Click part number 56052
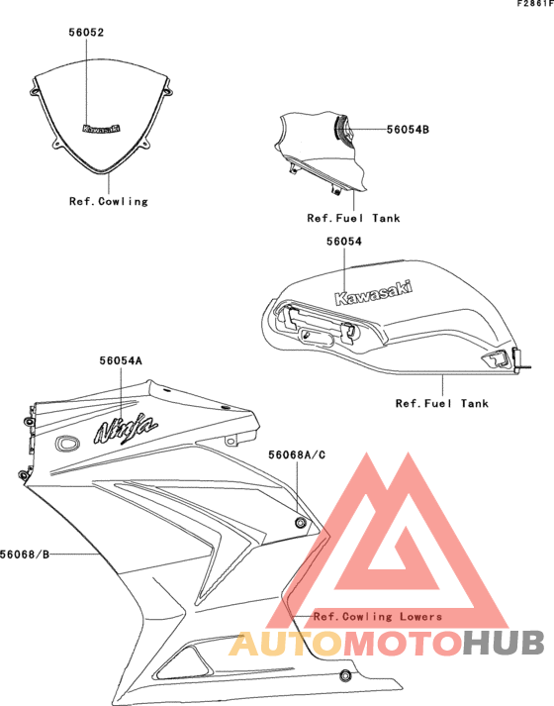click(86, 33)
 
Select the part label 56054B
click(408, 130)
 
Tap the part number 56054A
click(121, 360)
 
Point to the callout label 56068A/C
click(297, 455)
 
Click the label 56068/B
click(25, 555)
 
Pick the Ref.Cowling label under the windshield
click(109, 201)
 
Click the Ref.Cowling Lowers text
click(378, 617)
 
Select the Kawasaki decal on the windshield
click(102, 129)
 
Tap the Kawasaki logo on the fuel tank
click(373, 293)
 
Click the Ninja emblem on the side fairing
click(126, 428)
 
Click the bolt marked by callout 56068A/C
click(300, 522)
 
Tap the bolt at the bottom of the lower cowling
click(345, 675)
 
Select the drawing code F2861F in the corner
click(535, 4)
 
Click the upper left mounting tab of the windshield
click(35, 91)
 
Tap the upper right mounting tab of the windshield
click(167, 91)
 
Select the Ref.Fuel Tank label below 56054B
click(353, 218)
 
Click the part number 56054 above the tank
click(344, 242)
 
